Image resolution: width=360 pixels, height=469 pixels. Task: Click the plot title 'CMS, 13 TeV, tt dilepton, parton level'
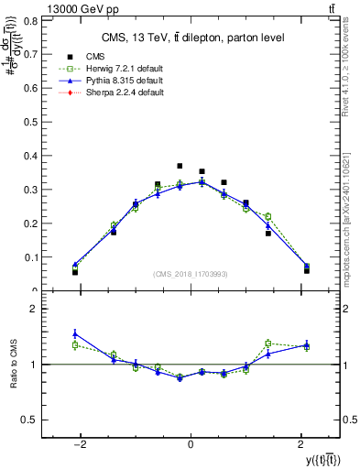click(191, 38)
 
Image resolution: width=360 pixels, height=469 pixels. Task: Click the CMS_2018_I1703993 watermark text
click(191, 274)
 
